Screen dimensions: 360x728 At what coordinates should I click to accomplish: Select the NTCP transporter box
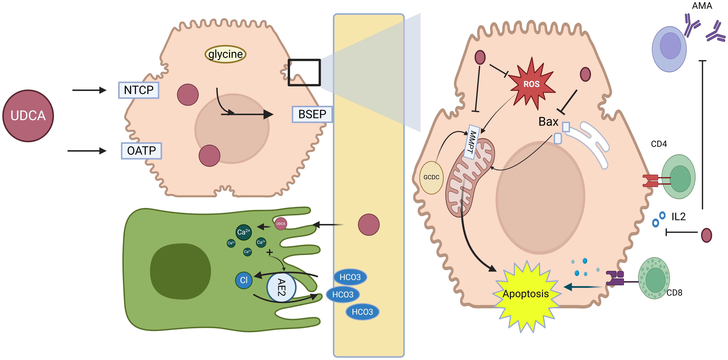[138, 90]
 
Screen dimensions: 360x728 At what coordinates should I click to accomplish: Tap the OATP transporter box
[141, 151]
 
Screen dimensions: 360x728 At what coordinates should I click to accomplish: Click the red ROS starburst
[531, 84]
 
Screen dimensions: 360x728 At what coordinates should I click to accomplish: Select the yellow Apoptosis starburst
[526, 294]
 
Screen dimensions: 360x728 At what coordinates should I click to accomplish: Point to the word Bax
[548, 122]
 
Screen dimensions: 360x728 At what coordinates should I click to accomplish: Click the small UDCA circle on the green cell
[281, 224]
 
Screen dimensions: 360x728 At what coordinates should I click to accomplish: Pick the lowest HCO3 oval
[362, 312]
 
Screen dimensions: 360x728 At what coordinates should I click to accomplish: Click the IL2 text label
[678, 217]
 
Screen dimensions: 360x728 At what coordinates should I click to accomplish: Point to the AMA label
[702, 6]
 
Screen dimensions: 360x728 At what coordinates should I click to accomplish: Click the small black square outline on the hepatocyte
[304, 72]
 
